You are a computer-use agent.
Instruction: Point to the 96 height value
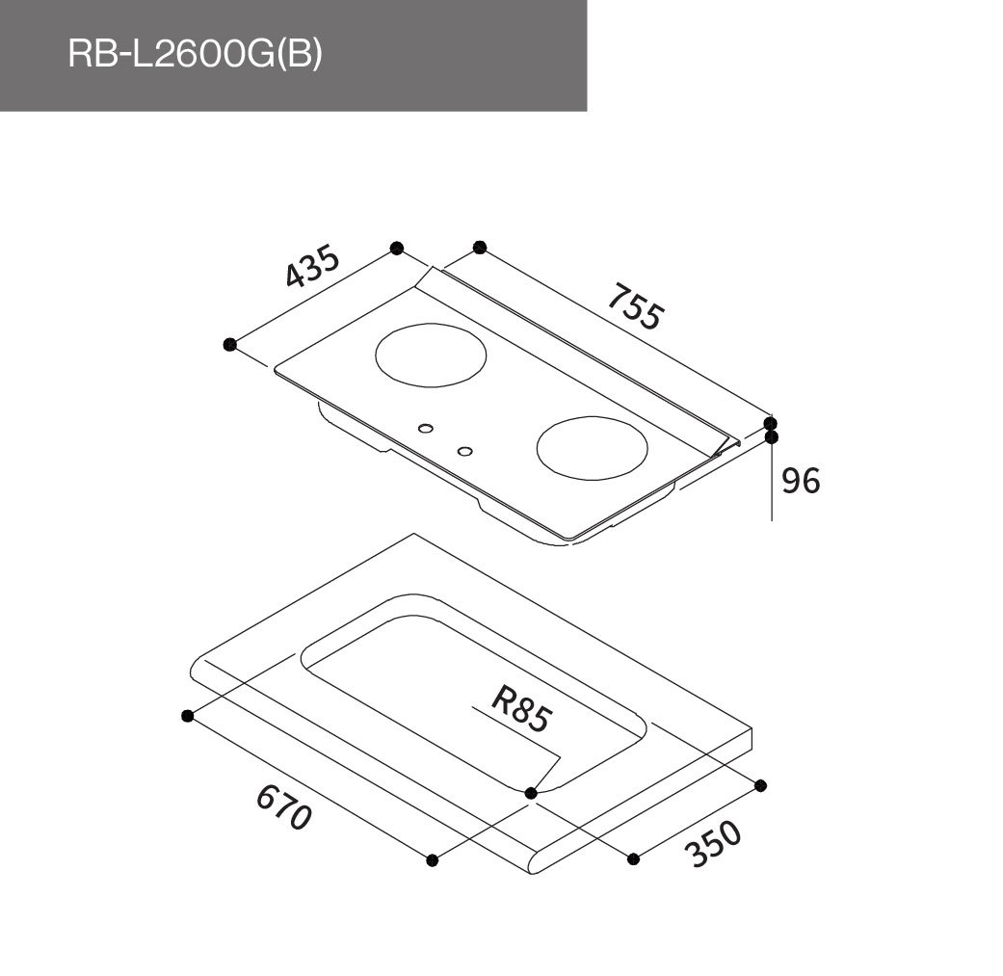click(800, 480)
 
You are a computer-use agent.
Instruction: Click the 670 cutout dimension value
click(284, 808)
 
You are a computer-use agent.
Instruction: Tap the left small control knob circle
click(426, 428)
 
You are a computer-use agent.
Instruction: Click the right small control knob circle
click(465, 451)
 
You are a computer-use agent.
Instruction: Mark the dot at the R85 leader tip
click(531, 792)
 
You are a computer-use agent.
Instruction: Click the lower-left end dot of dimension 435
click(229, 344)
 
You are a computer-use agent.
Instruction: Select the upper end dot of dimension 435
click(396, 249)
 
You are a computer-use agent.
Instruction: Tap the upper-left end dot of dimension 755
click(480, 248)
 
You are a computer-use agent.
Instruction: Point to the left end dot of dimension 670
click(188, 715)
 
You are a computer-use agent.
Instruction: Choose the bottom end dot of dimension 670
click(433, 859)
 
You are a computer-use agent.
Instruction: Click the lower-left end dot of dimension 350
click(633, 857)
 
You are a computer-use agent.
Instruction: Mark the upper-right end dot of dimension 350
click(761, 784)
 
